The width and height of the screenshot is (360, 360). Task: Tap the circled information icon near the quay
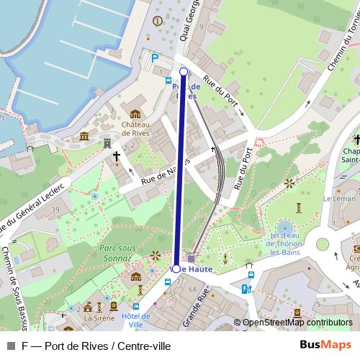point(158,21)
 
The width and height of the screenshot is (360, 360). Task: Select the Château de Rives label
point(135,127)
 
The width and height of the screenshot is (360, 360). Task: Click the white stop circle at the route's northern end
point(184,71)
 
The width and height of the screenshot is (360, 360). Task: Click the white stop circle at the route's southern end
point(176,268)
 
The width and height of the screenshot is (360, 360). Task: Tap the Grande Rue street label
point(197,305)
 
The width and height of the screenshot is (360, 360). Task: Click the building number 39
point(35,210)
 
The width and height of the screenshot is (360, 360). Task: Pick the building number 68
point(193,289)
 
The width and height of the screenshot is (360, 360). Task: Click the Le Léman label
point(337,198)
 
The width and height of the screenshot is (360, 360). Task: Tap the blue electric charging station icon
point(246,289)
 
